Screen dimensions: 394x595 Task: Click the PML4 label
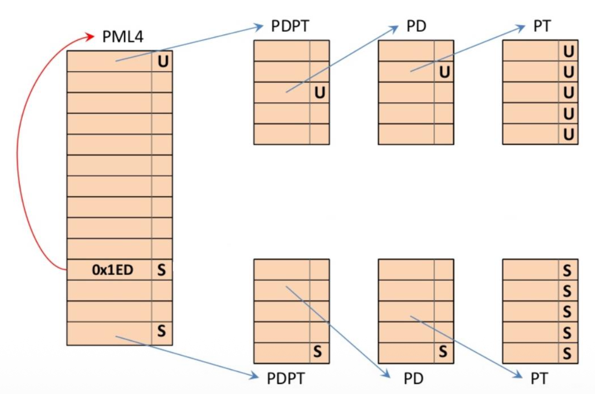coord(123,37)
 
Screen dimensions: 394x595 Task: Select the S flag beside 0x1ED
coord(161,270)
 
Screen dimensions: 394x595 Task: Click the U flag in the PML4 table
coord(163,62)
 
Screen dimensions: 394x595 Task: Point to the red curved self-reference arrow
coord(23,152)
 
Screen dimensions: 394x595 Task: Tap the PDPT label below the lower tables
coord(286,379)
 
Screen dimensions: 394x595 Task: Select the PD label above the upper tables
coord(416,27)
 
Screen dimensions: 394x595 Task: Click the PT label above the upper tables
coord(542,27)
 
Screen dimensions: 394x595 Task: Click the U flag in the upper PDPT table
coord(320,93)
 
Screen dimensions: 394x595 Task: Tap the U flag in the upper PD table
coord(444,72)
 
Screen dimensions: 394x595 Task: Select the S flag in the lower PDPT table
coord(318,353)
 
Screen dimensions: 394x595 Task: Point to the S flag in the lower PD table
coord(443,353)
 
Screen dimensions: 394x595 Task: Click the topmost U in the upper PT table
coord(568,51)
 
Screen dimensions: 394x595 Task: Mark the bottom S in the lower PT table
coord(567,353)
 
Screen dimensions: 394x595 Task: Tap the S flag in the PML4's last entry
coord(161,331)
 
